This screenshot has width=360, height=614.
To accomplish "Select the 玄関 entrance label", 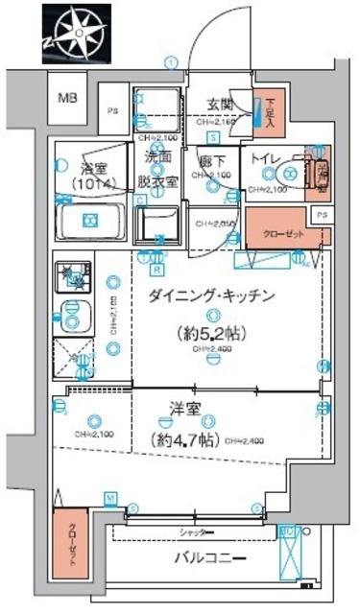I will (218, 106).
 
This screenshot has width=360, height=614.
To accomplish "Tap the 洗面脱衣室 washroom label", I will (159, 169).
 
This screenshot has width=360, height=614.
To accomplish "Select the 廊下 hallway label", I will (212, 162).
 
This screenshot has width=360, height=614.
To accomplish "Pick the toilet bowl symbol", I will (289, 175).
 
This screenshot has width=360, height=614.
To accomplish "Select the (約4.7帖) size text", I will (184, 440).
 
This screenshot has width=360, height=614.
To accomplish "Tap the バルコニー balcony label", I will (212, 559).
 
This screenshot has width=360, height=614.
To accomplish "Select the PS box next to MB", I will (112, 109).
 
